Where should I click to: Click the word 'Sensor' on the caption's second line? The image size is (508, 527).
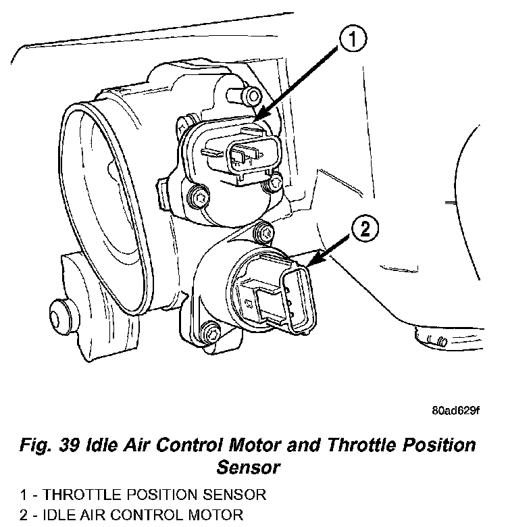click(x=247, y=466)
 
